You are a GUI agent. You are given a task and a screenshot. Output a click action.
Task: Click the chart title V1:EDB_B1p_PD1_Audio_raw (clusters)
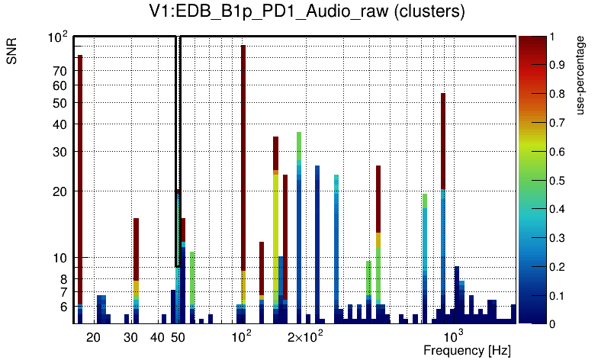point(307,13)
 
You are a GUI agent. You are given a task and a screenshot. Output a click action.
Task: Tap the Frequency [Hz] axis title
point(467,350)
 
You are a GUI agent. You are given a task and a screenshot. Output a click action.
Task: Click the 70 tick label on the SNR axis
point(60,72)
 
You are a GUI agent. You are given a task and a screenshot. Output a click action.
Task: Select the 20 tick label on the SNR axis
point(60,191)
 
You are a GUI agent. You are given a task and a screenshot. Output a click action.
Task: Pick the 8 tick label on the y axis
point(64,279)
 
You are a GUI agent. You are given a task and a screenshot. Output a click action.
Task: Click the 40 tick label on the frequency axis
point(157,337)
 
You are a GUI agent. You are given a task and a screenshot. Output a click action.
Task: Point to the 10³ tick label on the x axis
point(453,336)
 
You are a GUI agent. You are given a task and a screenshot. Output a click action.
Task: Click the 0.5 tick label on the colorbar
point(558,181)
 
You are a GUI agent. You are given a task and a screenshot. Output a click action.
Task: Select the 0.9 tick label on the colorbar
point(558,66)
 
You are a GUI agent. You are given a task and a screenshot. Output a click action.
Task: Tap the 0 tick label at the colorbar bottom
point(551,324)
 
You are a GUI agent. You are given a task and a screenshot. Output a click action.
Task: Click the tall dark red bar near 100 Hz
point(243,153)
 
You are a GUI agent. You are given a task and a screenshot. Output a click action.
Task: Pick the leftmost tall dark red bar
point(79,175)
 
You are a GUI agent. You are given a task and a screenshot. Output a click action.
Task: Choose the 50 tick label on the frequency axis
point(178,337)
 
